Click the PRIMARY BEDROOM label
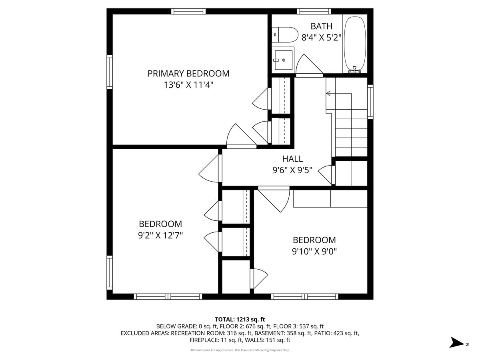click(188, 74)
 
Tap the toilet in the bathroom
click(285, 35)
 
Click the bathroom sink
click(283, 60)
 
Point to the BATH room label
click(322, 26)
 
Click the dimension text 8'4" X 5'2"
click(321, 38)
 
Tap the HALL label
click(292, 159)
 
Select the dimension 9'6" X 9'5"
click(292, 170)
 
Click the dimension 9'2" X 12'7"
click(160, 235)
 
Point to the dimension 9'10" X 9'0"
click(314, 251)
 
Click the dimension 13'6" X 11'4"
click(188, 85)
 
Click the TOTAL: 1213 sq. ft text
click(240, 319)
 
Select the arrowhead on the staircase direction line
click(328, 94)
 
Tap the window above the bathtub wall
click(314, 11)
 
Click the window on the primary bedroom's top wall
click(188, 11)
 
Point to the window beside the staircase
click(370, 102)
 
